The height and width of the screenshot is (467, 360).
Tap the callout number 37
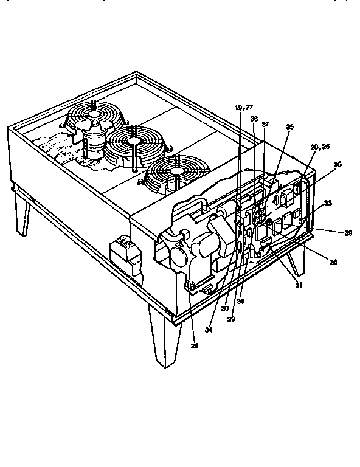265,124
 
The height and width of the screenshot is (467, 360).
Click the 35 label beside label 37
290,126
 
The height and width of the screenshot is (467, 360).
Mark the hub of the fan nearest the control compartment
176,173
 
